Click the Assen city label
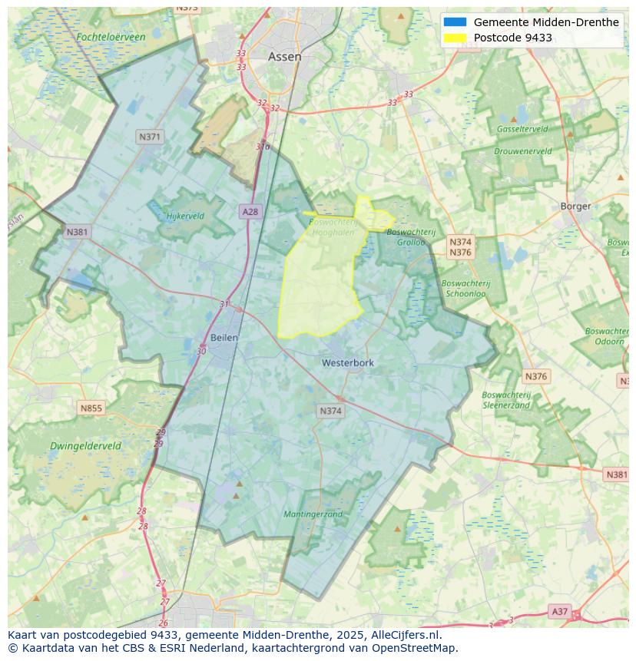point(284,57)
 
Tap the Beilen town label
point(224,337)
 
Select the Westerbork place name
point(348,362)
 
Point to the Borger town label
point(575,206)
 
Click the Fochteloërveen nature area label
point(111,37)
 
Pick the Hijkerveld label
point(185,216)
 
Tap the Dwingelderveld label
point(85,446)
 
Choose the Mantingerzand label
point(313,514)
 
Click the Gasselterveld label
point(522,129)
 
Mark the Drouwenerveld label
point(522,151)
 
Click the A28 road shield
point(250,212)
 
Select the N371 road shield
point(150,137)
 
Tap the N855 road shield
point(91,408)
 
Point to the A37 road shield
point(559,611)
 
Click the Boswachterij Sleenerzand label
point(506,400)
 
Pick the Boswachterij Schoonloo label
point(465,288)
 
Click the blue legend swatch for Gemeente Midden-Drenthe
point(455,22)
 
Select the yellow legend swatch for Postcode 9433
point(455,38)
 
